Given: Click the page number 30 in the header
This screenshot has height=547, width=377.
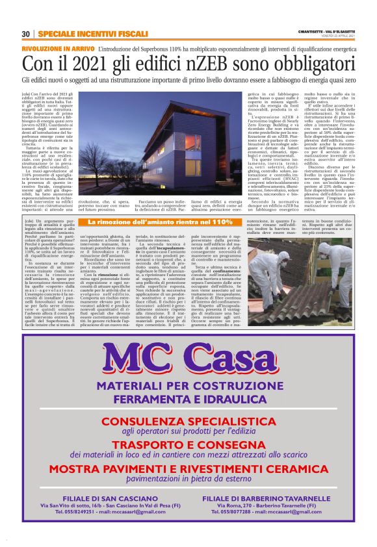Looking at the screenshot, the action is click(26, 34).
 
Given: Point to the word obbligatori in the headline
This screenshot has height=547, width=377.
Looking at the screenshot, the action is click(307, 64).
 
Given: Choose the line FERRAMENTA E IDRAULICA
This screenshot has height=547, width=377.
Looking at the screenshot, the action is click(188, 401).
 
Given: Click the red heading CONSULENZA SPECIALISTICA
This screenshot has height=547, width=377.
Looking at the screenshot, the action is click(188, 421).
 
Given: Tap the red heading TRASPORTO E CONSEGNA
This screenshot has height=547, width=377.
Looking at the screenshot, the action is click(188, 444).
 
